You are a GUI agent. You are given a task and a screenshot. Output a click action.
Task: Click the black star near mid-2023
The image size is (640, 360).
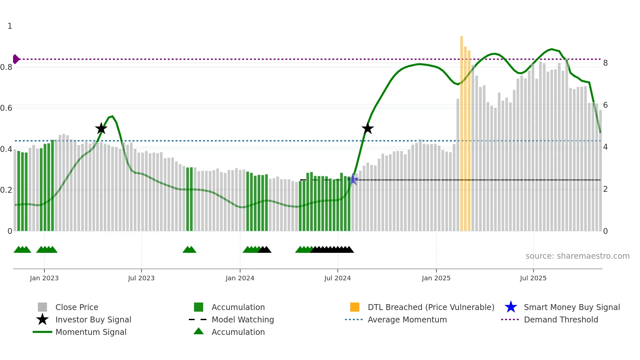coord(101,128)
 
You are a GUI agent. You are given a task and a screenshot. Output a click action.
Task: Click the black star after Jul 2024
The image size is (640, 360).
coord(368,128)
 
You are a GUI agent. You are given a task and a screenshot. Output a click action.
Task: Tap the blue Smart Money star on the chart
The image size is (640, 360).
coord(353,179)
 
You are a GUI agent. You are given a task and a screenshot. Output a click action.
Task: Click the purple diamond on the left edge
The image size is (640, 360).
coord(16,59)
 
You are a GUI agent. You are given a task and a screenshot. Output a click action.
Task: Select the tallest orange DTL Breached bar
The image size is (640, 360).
coord(462,131)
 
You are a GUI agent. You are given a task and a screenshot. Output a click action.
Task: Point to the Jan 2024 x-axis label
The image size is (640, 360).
coord(240,278)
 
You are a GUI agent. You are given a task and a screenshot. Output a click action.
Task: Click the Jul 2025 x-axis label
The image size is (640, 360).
coord(533,278)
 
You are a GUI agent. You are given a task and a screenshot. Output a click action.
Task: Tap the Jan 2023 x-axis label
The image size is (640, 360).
coord(44,278)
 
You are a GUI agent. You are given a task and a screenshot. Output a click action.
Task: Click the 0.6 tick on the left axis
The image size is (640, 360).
coord(6,108)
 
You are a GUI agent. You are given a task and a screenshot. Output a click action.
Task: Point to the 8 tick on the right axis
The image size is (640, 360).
coord(605,63)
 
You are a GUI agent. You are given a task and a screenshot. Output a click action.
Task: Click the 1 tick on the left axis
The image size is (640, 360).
coord(10,26)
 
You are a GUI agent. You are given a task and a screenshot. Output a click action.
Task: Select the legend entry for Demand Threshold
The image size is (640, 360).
coord(561,319)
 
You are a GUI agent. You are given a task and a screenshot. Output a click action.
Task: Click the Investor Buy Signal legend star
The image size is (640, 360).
coord(42,319)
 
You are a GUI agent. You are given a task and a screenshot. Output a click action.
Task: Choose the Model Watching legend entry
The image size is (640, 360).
coord(243,319)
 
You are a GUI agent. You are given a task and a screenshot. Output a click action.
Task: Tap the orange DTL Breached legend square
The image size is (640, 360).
coord(355,307)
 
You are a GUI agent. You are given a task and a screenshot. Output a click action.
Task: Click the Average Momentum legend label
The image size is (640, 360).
coord(407,319)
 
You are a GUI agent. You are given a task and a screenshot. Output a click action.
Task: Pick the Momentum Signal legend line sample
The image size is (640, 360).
coord(42,332)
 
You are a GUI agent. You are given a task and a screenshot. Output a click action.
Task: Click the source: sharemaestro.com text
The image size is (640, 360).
coord(577,256)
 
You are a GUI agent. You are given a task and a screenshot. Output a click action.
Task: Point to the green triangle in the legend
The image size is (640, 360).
coord(199,331)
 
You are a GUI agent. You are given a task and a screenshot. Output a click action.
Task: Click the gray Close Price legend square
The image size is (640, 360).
coord(42,307)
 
